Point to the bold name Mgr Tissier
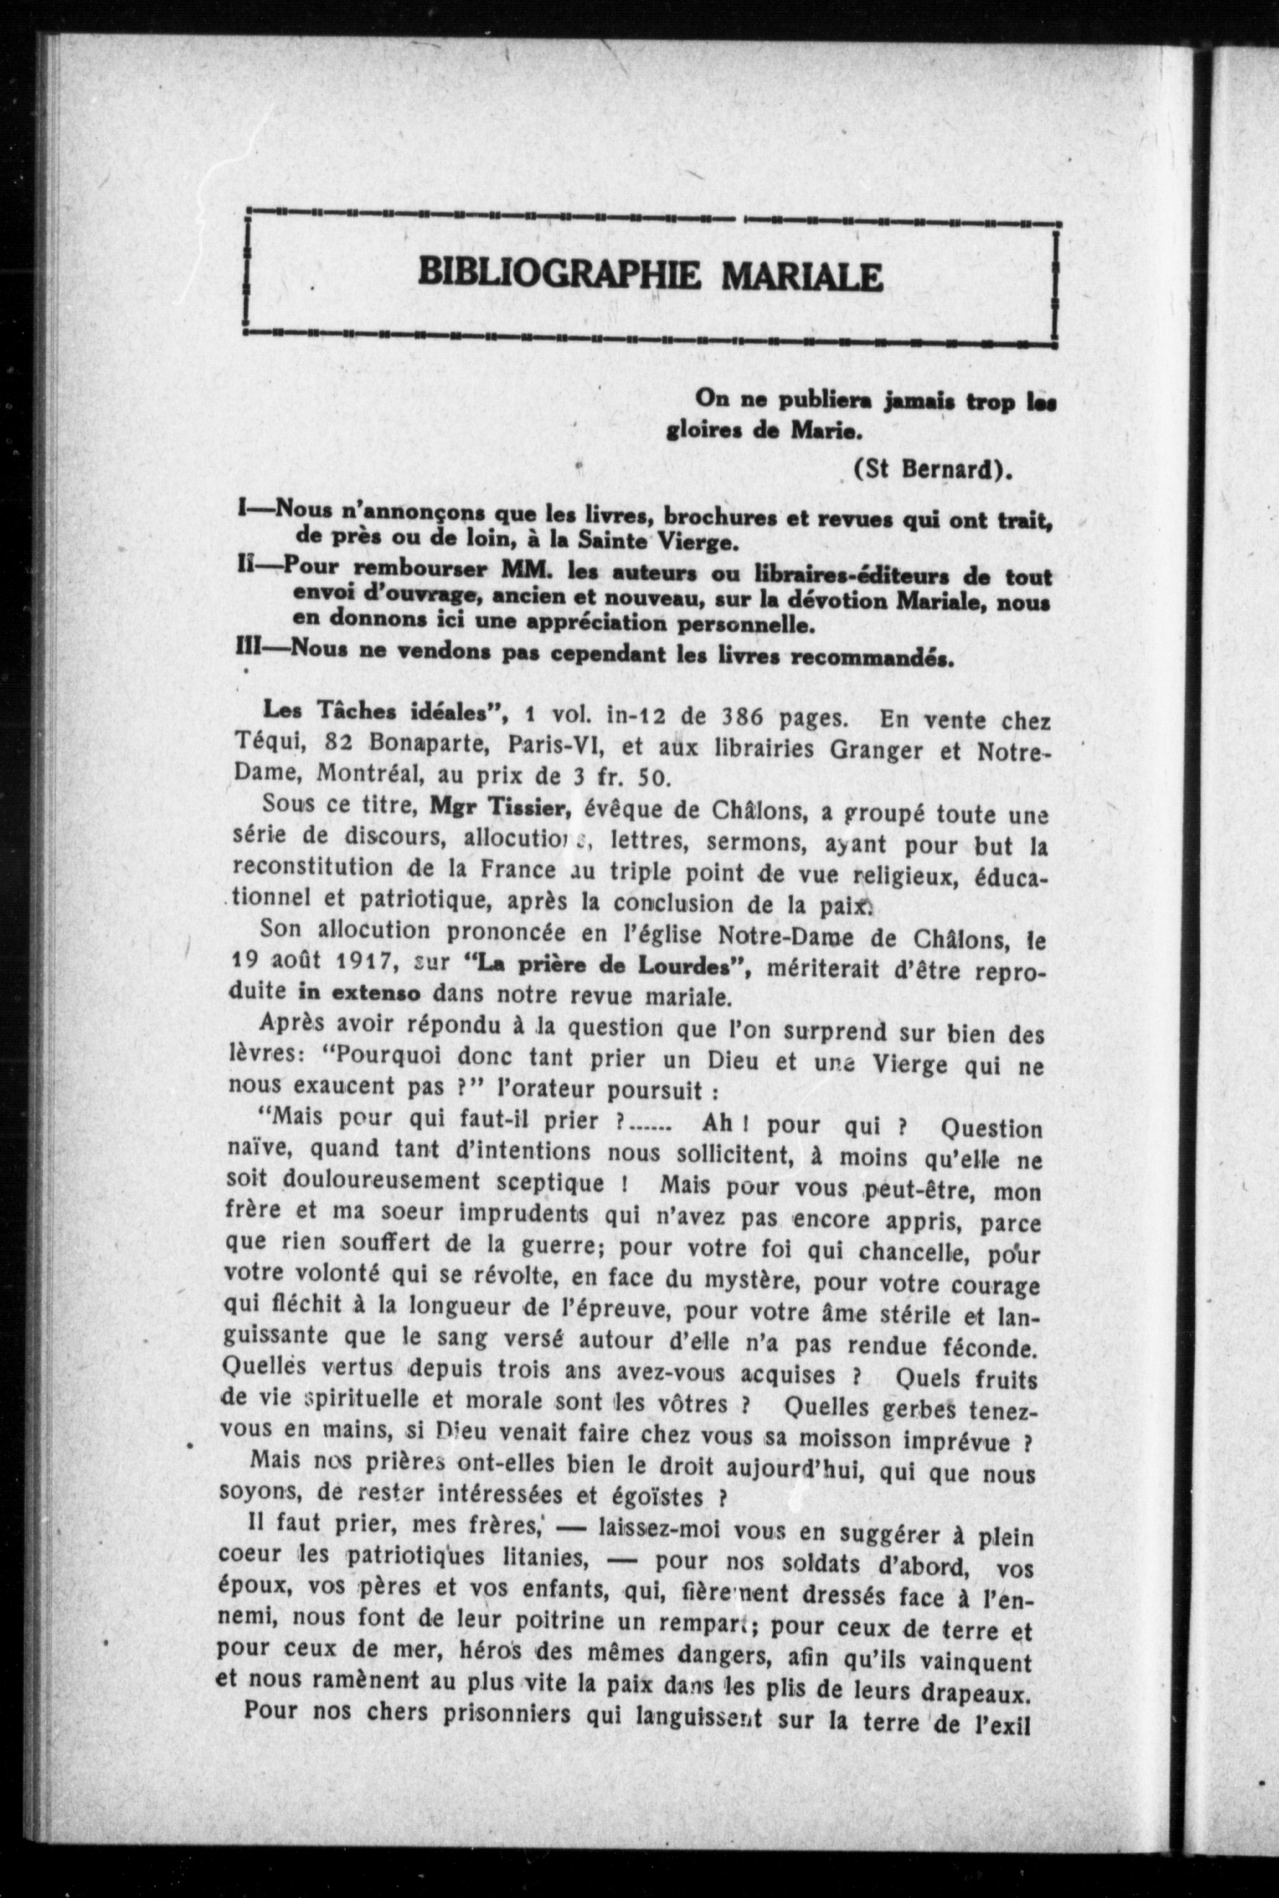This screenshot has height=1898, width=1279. pyautogui.click(x=497, y=805)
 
